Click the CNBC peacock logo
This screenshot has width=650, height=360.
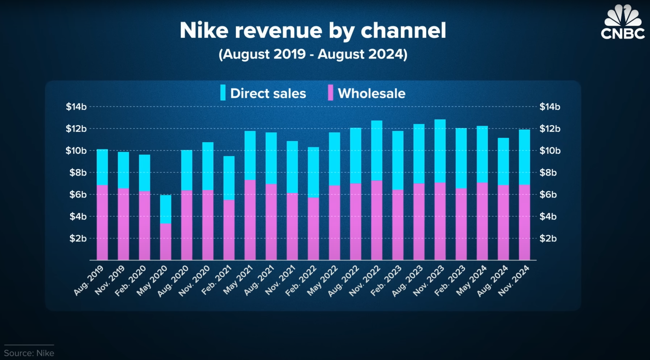[x=623, y=16]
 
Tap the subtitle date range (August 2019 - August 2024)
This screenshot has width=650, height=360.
[x=313, y=54]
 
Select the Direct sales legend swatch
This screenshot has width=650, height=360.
[x=223, y=93]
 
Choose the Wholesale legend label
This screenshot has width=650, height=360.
[x=371, y=93]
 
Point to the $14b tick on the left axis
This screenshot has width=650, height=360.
[x=76, y=107]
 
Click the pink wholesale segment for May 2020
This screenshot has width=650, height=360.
[x=165, y=242]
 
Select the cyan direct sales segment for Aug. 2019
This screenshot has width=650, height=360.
[x=102, y=167]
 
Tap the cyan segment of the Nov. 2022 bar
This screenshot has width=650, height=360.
[x=377, y=150]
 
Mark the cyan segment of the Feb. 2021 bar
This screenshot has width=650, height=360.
[x=229, y=178]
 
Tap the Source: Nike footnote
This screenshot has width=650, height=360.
[x=29, y=353]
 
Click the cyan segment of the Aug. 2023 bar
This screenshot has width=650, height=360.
[x=419, y=154]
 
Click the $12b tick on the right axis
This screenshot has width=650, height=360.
[x=550, y=129]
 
